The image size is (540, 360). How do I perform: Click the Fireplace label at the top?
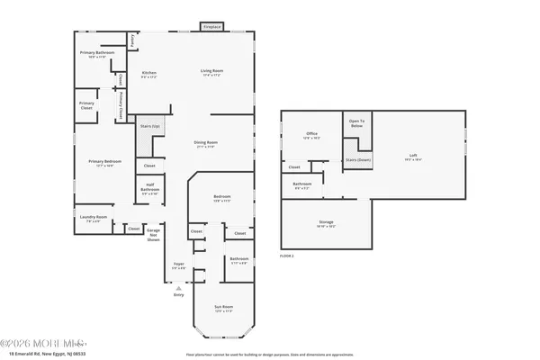tap(212, 28)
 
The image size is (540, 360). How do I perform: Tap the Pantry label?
tap(133, 40)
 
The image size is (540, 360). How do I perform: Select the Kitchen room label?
tap(149, 75)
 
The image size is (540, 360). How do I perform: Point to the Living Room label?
tap(211, 73)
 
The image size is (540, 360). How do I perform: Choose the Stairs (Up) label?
tap(149, 127)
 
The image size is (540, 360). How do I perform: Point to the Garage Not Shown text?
tap(154, 233)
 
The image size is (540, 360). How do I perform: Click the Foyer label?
tap(179, 266)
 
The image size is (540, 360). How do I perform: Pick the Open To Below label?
tap(356, 124)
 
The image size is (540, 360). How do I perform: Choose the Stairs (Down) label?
tap(358, 160)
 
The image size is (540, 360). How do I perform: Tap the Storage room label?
tap(326, 225)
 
